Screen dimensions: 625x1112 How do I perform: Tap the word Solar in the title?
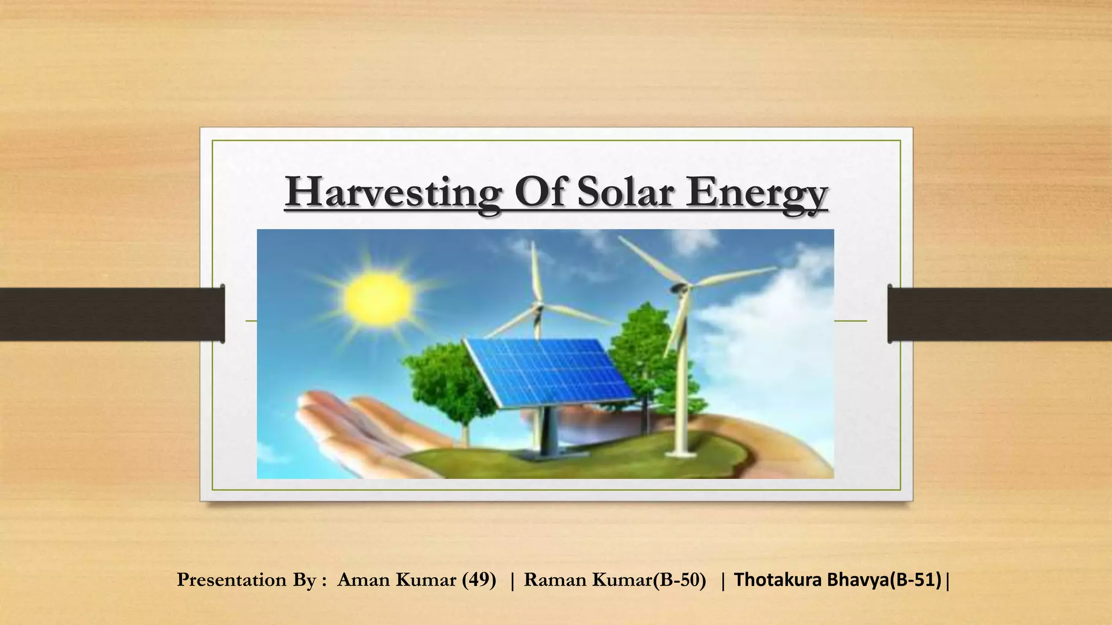click(624, 193)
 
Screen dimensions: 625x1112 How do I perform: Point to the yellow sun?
click(377, 298)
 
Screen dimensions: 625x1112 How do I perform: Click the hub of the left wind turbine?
click(538, 309)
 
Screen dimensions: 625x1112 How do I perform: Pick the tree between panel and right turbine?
click(643, 347)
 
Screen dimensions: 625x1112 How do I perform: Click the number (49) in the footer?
click(479, 580)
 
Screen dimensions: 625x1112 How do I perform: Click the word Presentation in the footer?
click(231, 580)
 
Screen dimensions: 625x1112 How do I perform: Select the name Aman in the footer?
click(364, 580)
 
